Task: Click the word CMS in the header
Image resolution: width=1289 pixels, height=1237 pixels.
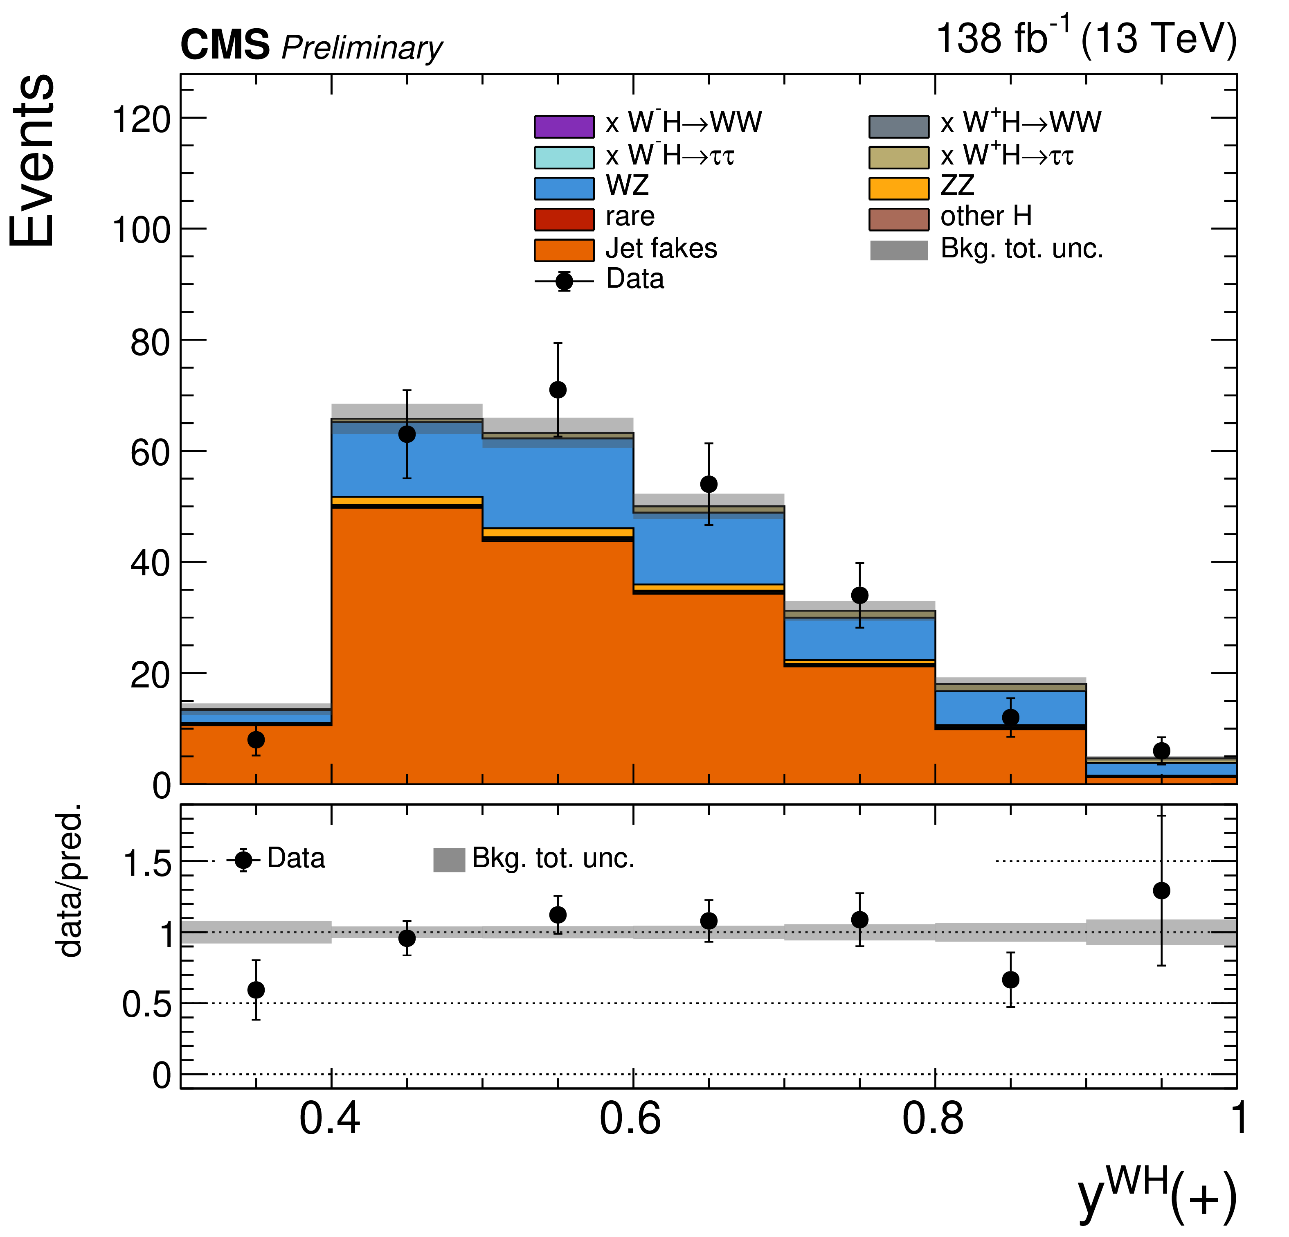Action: [x=225, y=46]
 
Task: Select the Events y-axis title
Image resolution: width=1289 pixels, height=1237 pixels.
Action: [x=33, y=161]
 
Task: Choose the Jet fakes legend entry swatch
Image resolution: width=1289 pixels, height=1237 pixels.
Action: [x=564, y=250]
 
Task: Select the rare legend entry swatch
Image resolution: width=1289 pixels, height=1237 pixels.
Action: [x=564, y=219]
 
